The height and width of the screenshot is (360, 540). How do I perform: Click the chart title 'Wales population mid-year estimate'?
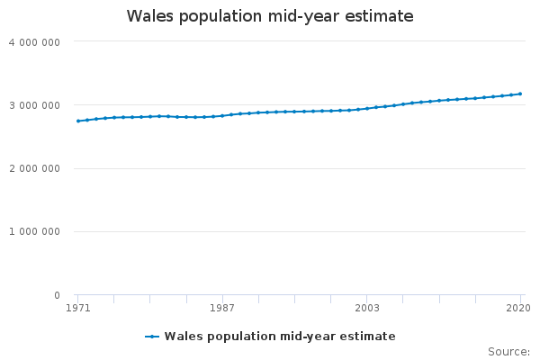(270, 16)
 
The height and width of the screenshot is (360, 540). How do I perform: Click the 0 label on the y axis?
(56, 295)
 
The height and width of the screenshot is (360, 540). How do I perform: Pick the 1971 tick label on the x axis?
(78, 309)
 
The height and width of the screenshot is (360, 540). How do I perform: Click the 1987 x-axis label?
(222, 309)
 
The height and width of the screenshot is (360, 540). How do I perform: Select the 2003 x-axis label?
(367, 309)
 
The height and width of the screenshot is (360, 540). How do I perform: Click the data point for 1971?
(78, 121)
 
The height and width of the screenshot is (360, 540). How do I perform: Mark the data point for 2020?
(520, 94)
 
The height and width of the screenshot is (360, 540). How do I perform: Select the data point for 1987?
(222, 115)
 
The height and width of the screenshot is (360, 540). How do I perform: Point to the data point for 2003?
(367, 108)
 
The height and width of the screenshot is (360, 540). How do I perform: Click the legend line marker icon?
(152, 337)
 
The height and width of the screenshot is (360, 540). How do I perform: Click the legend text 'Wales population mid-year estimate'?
(280, 337)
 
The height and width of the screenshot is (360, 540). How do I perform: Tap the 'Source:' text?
(508, 352)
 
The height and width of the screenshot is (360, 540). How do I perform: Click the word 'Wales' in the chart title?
(149, 16)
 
